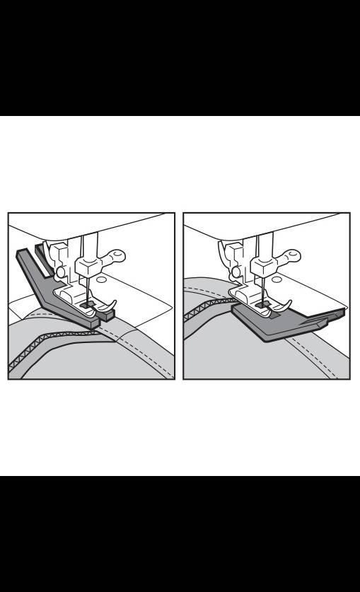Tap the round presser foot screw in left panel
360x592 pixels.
point(62,271)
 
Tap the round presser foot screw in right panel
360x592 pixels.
point(236,271)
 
